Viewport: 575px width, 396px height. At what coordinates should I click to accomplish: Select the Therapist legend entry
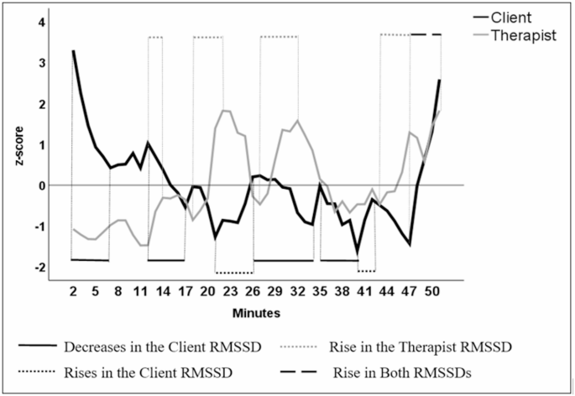click(x=521, y=37)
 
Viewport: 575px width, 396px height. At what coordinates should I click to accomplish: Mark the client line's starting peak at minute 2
click(x=73, y=51)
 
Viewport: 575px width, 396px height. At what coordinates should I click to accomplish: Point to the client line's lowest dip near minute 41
click(x=357, y=252)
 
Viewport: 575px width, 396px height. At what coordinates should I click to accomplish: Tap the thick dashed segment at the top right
click(x=426, y=34)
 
